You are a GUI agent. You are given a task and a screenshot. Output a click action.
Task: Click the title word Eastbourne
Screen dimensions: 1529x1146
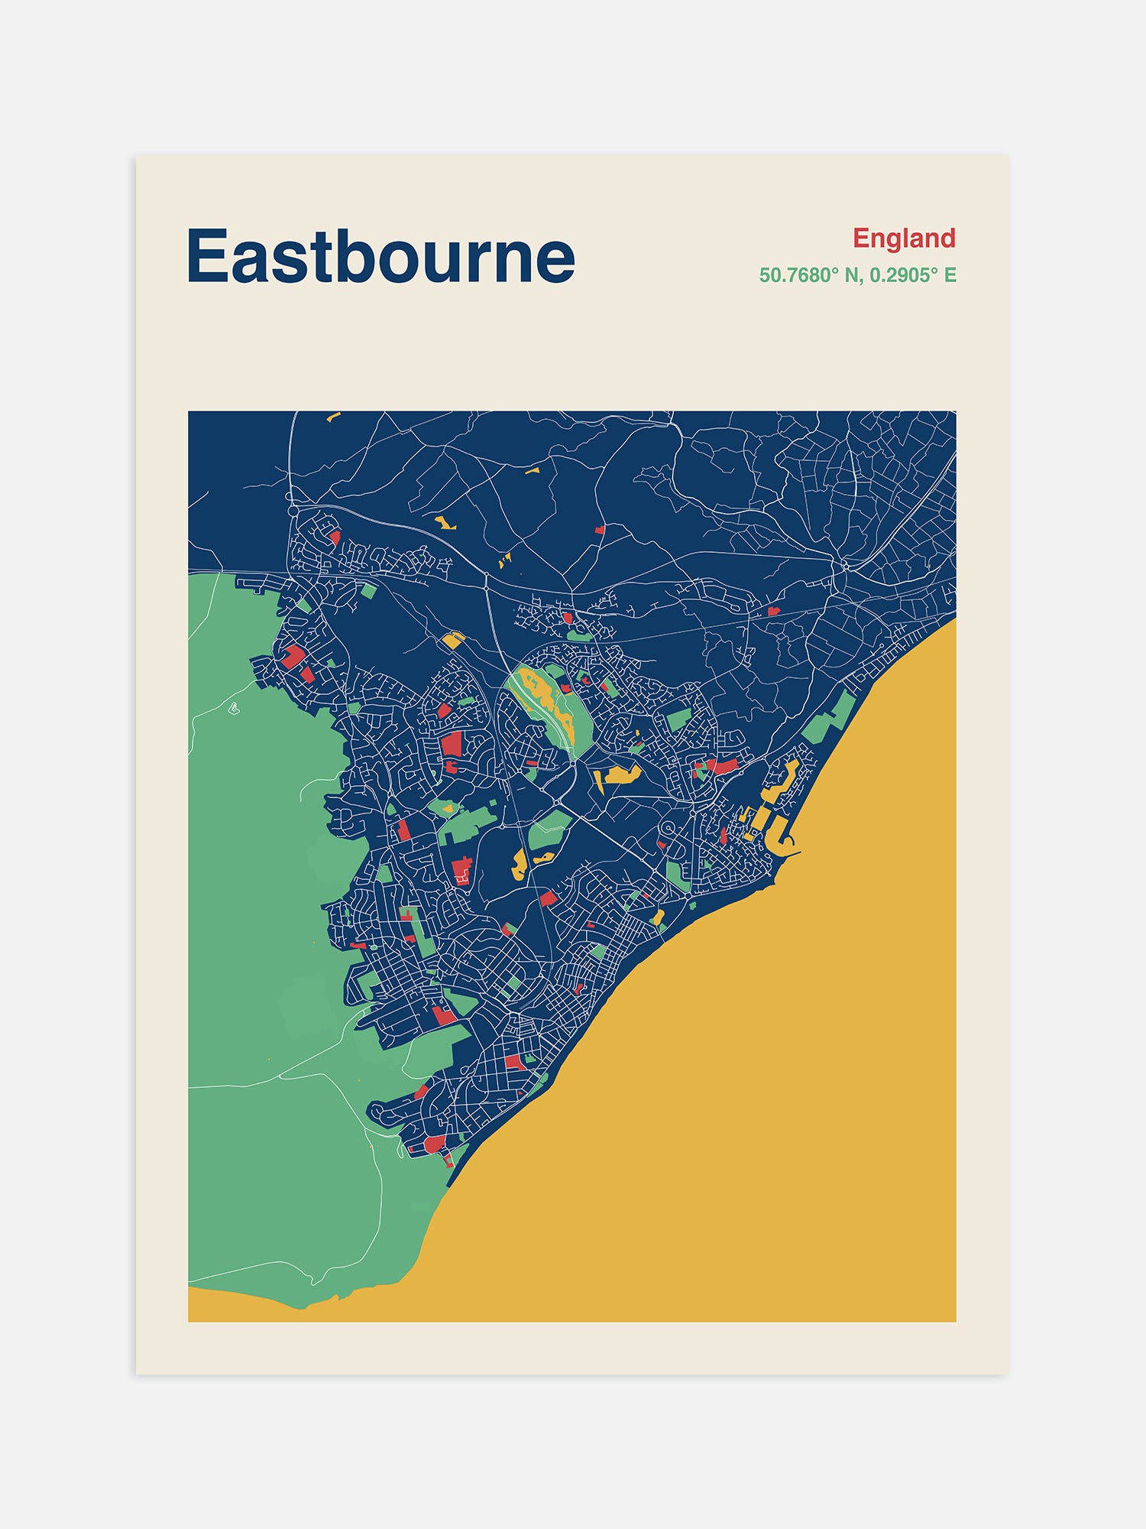(x=380, y=257)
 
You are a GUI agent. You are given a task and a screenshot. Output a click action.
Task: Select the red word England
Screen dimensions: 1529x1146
(x=904, y=239)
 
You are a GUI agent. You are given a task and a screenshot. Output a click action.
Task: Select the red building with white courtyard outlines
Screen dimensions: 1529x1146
(x=462, y=872)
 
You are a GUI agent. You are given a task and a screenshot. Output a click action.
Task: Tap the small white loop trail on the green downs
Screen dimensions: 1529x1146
(x=233, y=709)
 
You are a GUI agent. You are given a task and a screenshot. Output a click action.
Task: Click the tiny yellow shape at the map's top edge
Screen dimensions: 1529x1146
(x=333, y=417)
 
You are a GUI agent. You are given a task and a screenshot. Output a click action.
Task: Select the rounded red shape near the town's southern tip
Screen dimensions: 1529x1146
(x=435, y=1144)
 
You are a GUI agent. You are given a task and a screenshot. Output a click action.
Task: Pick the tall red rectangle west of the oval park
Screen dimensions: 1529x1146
(x=452, y=745)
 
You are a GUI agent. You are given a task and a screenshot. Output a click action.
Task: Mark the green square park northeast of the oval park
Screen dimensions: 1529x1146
(x=678, y=719)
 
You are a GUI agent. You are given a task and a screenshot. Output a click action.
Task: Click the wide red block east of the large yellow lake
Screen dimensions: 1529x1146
(x=721, y=764)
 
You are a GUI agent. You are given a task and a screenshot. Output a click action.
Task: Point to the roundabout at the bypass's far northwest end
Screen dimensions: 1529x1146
(x=293, y=508)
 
